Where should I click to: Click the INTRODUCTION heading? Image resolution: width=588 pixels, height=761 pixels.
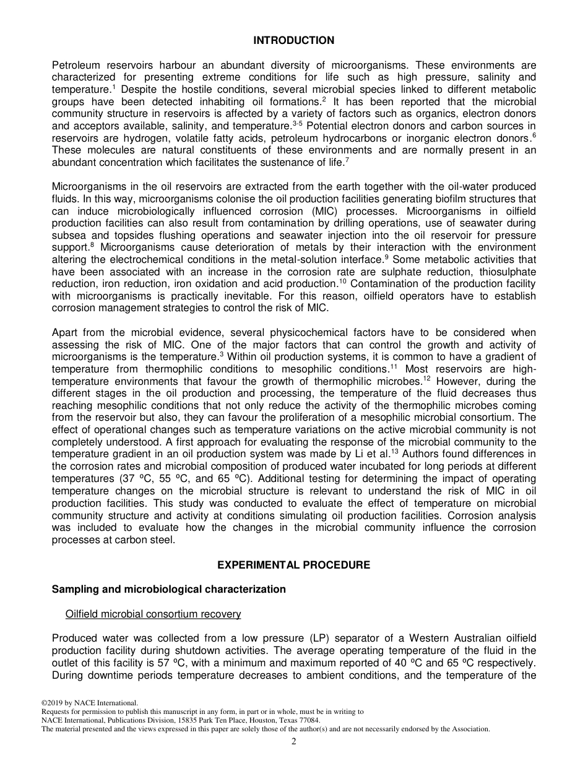293,40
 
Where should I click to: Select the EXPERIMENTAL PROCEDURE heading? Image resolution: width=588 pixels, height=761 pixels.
293,565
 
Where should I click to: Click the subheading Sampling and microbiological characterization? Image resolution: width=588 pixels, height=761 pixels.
169,589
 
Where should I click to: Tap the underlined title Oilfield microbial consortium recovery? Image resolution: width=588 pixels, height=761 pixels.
153,614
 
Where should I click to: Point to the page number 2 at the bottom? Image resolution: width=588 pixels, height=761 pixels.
294,742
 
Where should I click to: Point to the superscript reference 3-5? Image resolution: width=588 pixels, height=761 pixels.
297,123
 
